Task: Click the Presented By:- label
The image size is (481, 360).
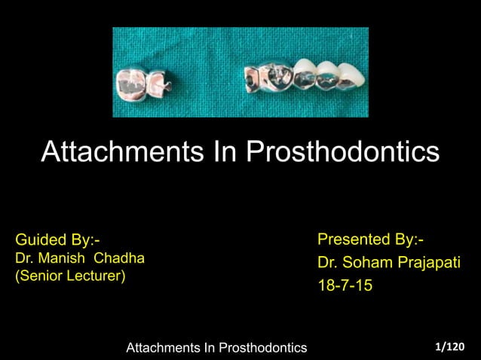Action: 370,240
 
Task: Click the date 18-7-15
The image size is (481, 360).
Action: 345,287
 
